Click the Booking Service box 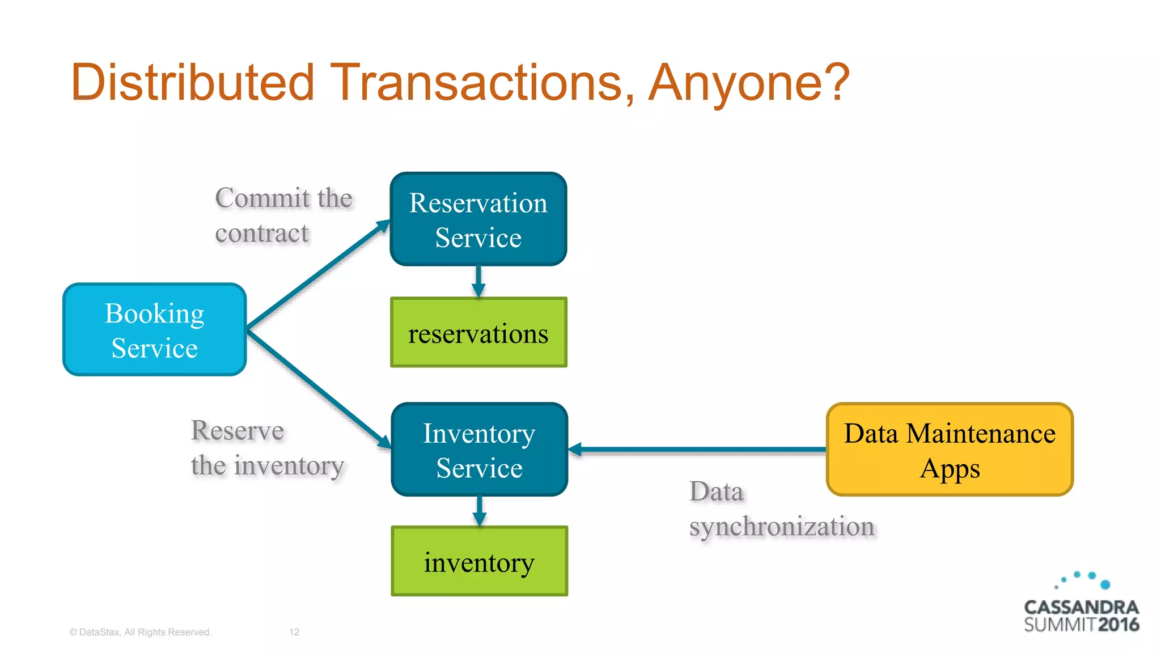click(x=154, y=330)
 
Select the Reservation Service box click(x=478, y=219)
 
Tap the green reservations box click(x=478, y=333)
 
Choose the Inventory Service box click(x=479, y=450)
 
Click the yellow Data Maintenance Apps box click(x=950, y=450)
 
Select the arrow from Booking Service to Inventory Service click(x=317, y=388)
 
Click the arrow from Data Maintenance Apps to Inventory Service click(x=697, y=450)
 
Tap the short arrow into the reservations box click(x=478, y=282)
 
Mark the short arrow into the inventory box click(x=480, y=511)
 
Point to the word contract click(x=262, y=234)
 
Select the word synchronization click(x=782, y=527)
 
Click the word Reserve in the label click(x=237, y=431)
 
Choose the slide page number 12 click(x=294, y=632)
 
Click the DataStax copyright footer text click(x=140, y=632)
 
